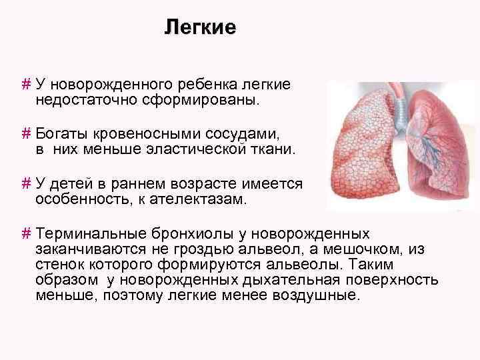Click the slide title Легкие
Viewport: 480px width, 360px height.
pyautogui.click(x=201, y=28)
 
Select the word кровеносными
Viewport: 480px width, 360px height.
pyautogui.click(x=143, y=133)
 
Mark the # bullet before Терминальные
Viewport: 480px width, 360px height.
pyautogui.click(x=26, y=234)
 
